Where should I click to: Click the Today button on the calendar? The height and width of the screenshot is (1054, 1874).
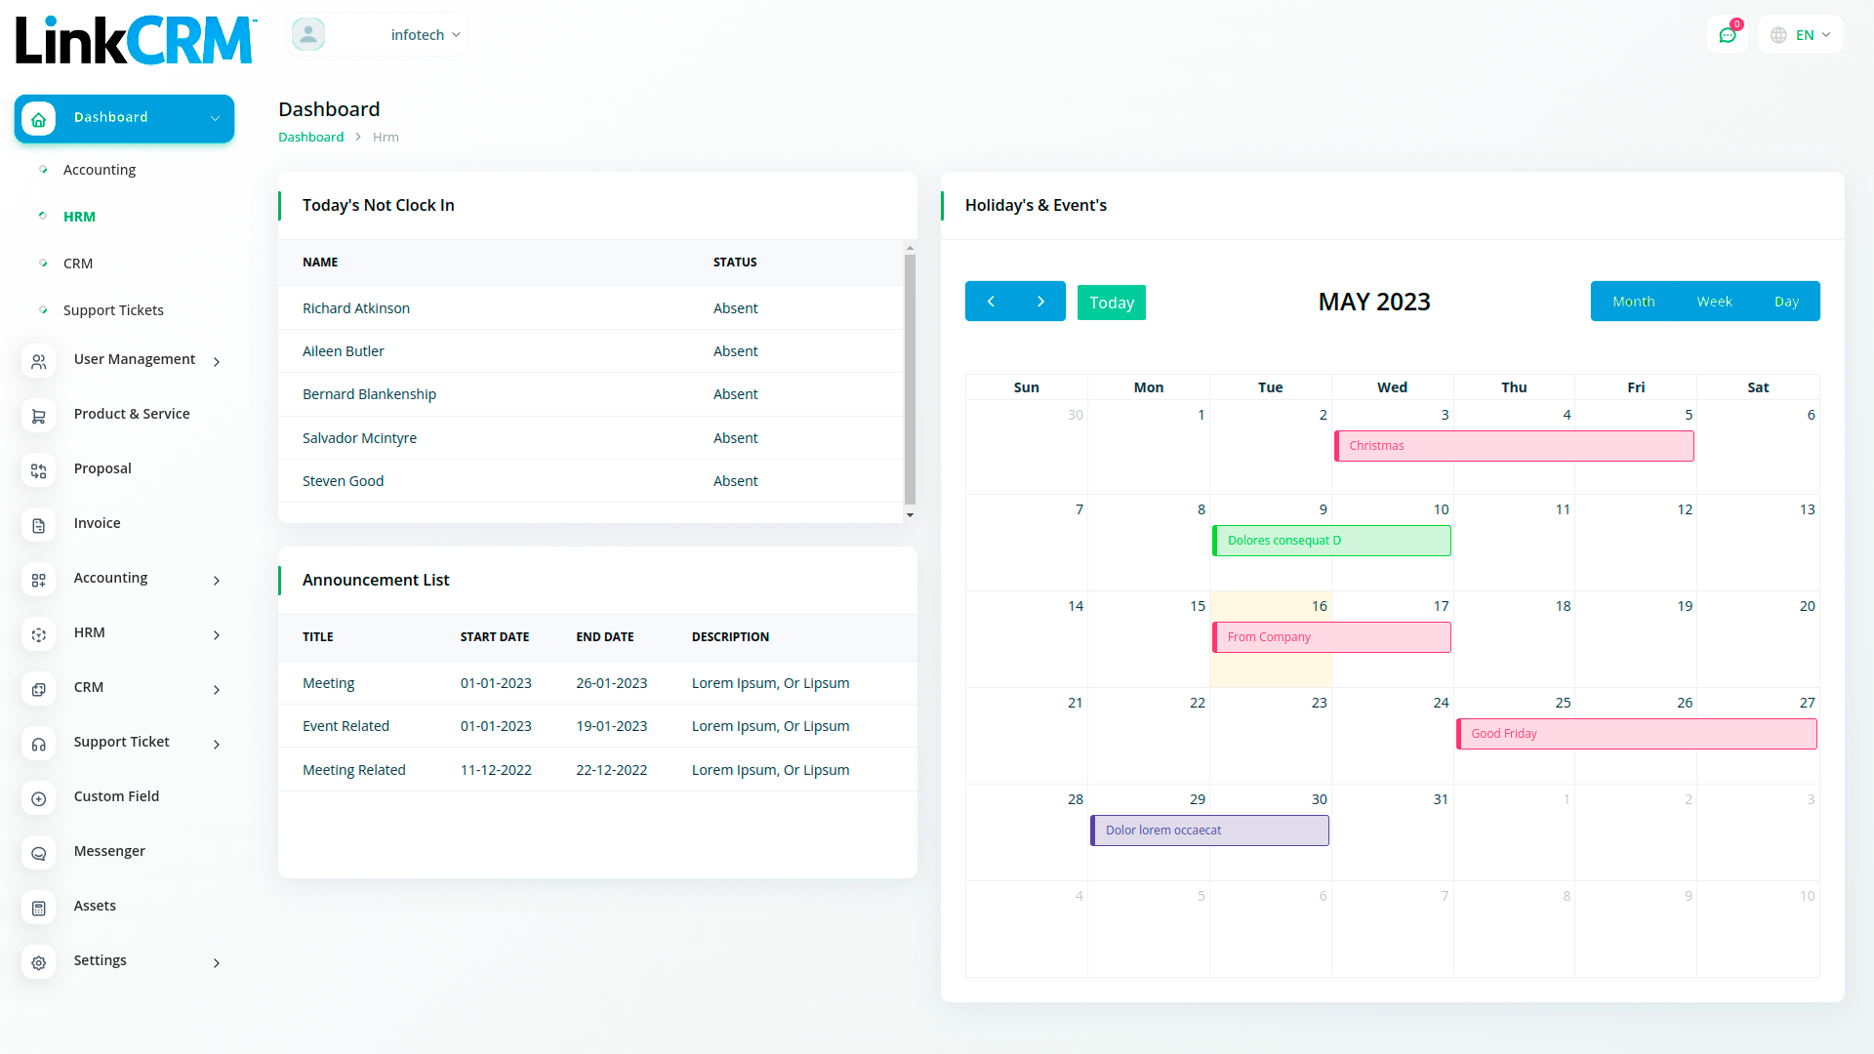(1111, 303)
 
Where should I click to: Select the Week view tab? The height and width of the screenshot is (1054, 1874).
(1714, 302)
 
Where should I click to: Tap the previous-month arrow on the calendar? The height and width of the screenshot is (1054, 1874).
(991, 302)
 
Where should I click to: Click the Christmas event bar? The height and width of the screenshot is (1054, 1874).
(1514, 446)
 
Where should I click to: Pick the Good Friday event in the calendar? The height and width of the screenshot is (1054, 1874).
(1636, 734)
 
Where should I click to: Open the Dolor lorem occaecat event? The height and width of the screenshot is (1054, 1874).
(1209, 831)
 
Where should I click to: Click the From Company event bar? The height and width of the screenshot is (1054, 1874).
(1331, 637)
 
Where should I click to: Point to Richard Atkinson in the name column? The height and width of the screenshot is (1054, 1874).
(356, 308)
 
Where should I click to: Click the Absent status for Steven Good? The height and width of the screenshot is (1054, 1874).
(735, 481)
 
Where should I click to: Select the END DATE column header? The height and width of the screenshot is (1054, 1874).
(605, 637)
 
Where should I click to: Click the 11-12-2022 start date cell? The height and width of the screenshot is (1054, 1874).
(496, 770)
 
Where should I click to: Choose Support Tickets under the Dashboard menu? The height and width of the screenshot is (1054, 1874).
(113, 310)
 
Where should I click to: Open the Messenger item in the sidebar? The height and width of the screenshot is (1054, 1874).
(109, 851)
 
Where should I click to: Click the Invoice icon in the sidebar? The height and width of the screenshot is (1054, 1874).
(39, 525)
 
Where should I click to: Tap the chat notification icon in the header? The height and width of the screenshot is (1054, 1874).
(1728, 35)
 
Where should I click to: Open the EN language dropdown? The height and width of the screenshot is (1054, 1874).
(1802, 35)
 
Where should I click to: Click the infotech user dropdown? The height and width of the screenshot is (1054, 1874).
(424, 35)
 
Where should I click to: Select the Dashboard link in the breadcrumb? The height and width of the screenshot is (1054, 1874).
(310, 138)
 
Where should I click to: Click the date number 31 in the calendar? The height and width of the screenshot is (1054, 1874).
(1441, 799)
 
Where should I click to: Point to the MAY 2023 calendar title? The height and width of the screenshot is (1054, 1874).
(1374, 303)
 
